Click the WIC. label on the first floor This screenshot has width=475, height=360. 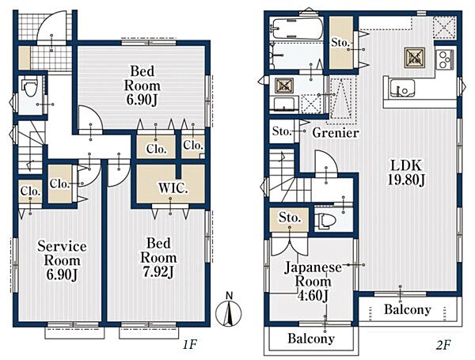point(173,188)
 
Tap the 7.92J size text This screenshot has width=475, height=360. point(158,272)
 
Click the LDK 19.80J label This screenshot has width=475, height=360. point(406,173)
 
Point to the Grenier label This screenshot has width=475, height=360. point(336,133)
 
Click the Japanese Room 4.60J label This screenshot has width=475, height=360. point(313,282)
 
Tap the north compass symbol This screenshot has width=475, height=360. point(229,311)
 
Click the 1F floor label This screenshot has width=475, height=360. point(191,344)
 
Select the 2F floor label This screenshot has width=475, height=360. point(443,345)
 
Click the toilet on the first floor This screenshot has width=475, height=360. point(30,87)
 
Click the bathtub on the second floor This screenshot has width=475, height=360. point(298,28)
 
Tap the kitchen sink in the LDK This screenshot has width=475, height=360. point(402,88)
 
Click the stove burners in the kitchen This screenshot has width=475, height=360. point(445,59)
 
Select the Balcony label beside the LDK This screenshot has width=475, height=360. point(408,309)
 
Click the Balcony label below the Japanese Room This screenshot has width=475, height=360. point(311,339)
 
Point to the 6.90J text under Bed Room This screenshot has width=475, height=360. point(142,100)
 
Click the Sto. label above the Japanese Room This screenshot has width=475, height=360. point(290,218)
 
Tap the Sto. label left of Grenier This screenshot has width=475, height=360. point(282,131)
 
